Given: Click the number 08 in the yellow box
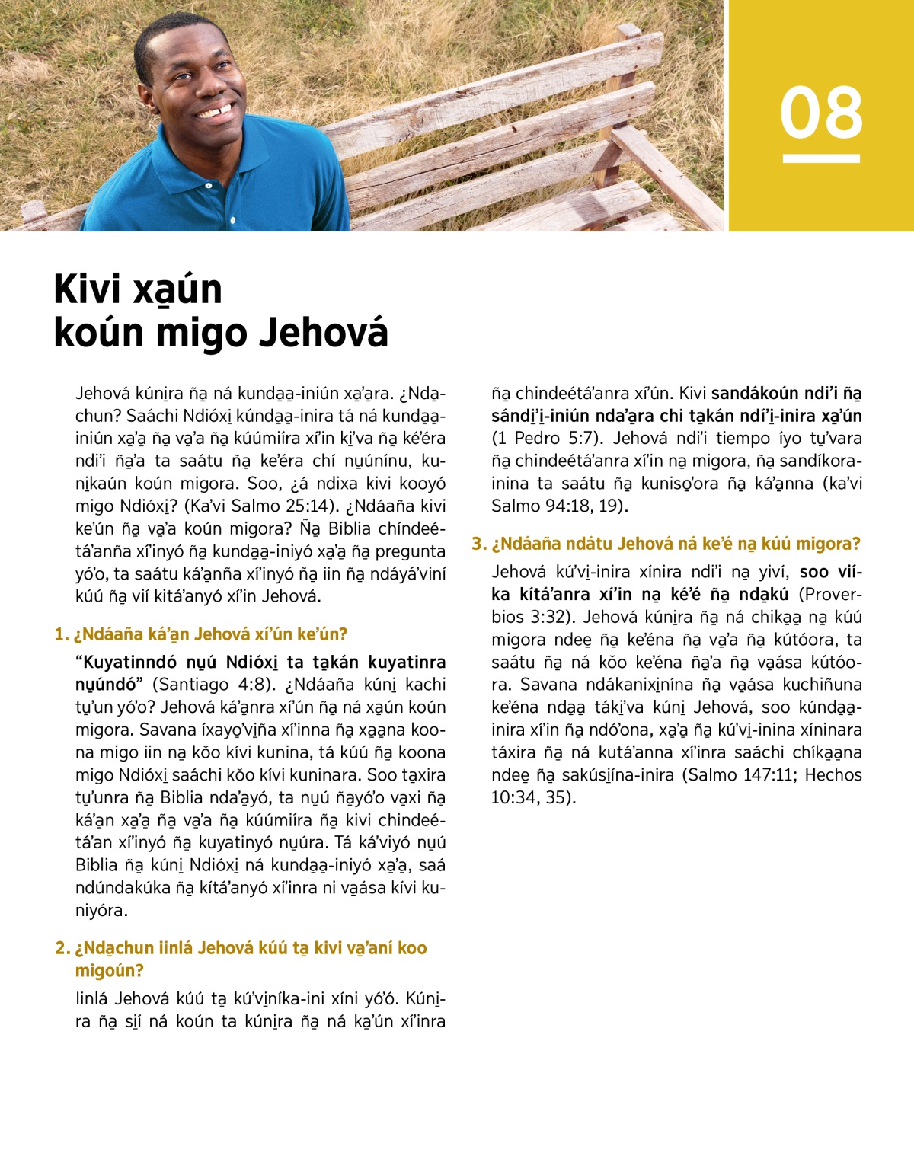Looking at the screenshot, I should coord(821,112).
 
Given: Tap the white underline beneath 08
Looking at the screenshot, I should coord(821,158).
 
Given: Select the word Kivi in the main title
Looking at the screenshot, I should coord(88,289).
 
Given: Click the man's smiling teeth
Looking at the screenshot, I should coord(216,113).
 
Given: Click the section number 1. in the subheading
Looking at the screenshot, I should coord(62,634).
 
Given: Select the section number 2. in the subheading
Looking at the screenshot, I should coord(62,948).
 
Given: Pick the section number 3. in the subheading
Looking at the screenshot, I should coord(478,544).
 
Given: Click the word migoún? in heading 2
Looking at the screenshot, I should coord(110,971).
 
